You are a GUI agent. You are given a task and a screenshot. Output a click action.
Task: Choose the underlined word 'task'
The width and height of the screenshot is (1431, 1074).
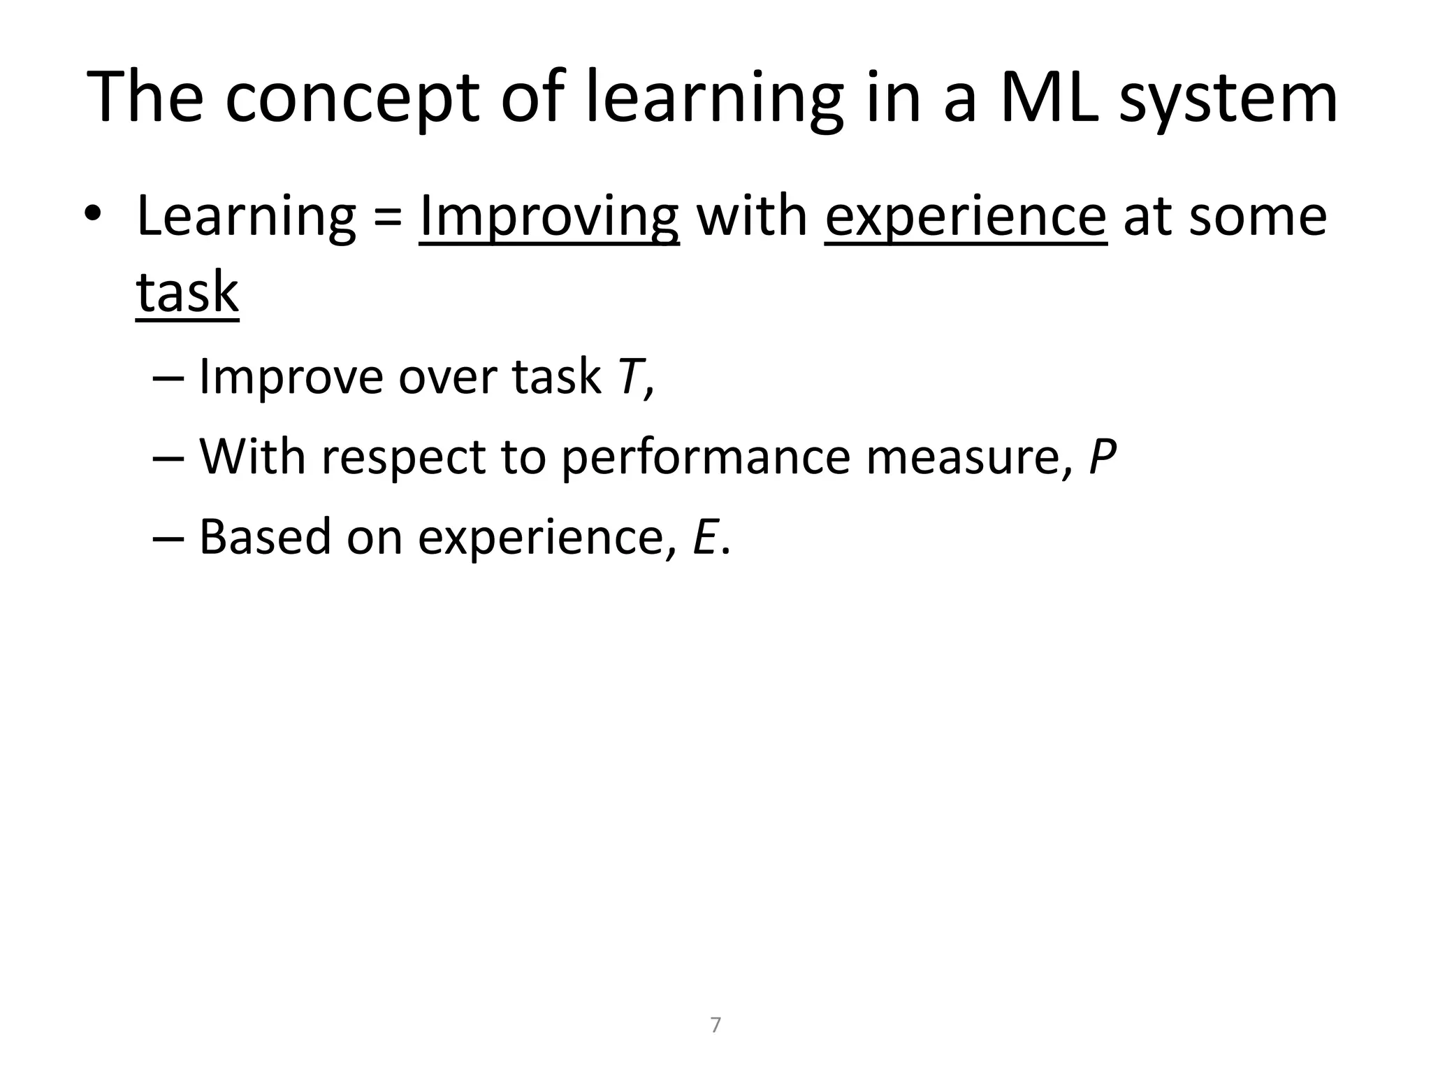click(x=187, y=292)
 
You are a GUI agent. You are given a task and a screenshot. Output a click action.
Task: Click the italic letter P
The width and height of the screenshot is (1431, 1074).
click(x=1103, y=457)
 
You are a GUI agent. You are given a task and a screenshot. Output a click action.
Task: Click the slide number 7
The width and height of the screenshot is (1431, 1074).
click(x=715, y=1025)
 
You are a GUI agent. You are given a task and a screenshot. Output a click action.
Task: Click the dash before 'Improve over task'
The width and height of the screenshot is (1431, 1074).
click(x=168, y=378)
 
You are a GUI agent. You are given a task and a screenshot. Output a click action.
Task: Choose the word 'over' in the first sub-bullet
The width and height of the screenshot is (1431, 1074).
click(x=447, y=378)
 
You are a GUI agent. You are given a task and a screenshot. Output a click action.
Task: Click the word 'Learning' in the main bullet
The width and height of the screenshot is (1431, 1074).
click(x=247, y=217)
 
